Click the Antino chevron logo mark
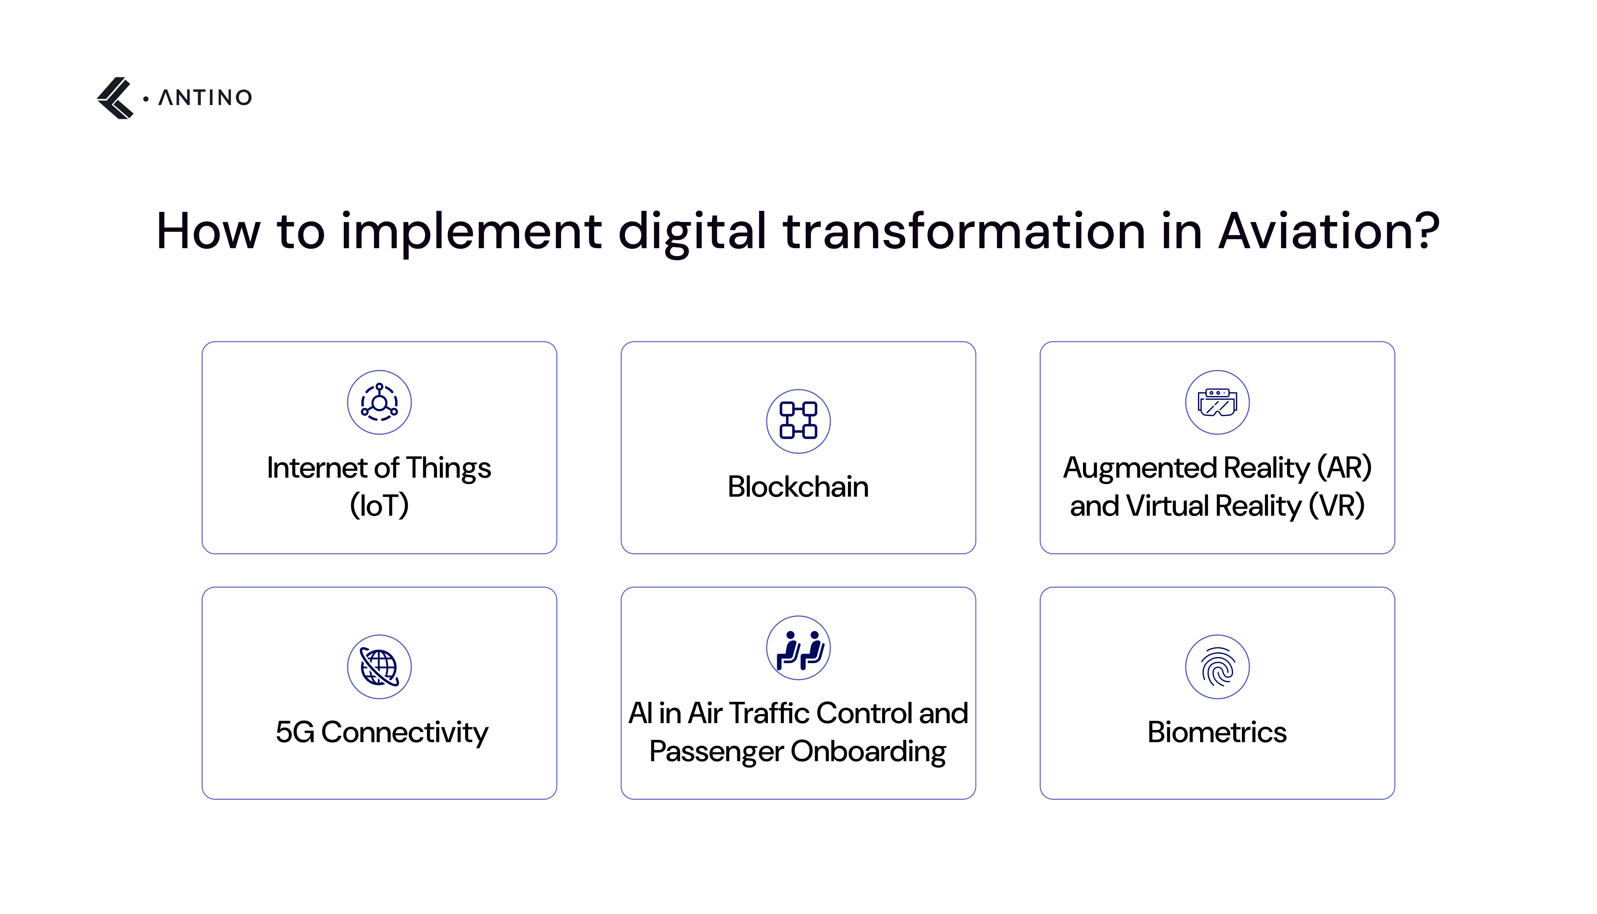coord(115,98)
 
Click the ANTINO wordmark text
coord(205,98)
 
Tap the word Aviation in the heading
coord(1328,231)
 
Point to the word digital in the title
coord(692,231)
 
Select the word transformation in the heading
coord(964,231)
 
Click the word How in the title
coord(208,231)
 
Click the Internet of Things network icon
coord(379,402)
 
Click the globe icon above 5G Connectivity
coord(379,666)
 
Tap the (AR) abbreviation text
coord(1344,468)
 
